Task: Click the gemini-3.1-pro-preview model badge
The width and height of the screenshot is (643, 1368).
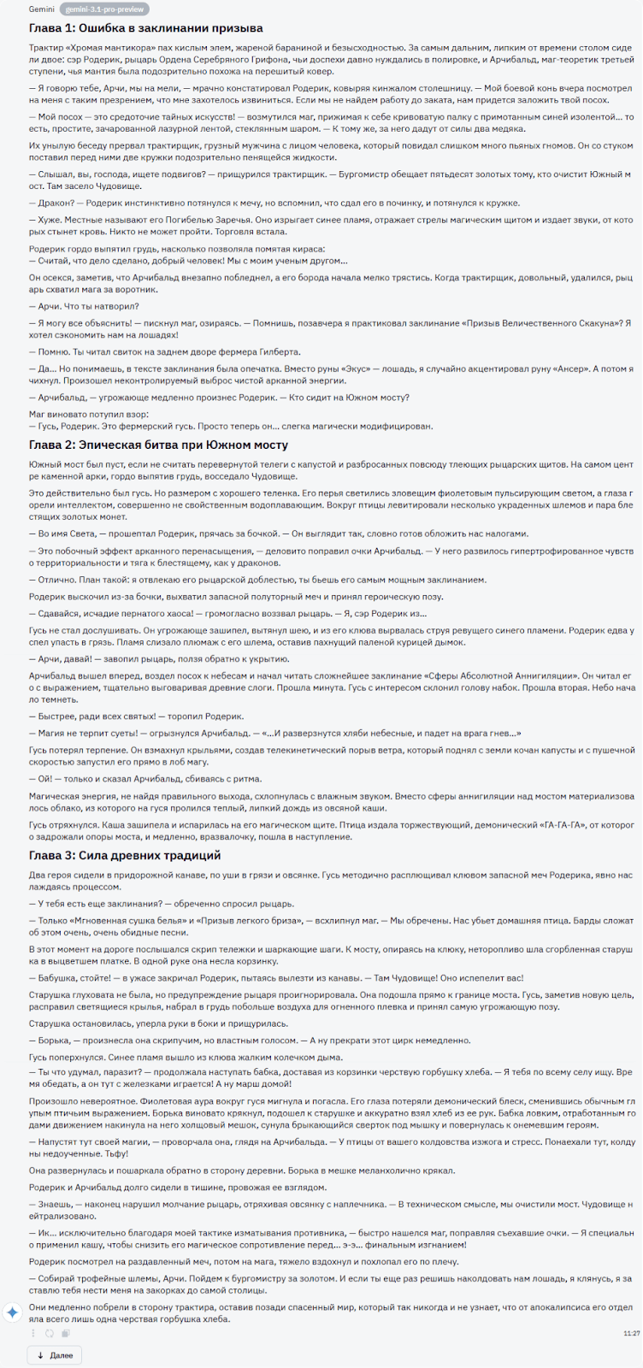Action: pyautogui.click(x=105, y=9)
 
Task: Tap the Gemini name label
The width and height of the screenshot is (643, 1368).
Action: pyautogui.click(x=41, y=9)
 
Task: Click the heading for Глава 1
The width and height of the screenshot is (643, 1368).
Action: pyautogui.click(x=145, y=28)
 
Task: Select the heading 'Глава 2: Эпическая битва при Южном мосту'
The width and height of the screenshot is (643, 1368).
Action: pyautogui.click(x=158, y=445)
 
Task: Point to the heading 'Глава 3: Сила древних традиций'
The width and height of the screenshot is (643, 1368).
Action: pyautogui.click(x=125, y=855)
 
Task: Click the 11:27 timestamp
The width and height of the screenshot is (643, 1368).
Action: pyautogui.click(x=632, y=1333)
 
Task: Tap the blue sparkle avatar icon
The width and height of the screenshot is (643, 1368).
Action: pyautogui.click(x=12, y=1312)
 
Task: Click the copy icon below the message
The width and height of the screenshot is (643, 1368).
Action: pyautogui.click(x=66, y=1333)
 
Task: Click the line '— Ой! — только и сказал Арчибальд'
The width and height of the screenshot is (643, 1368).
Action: pyautogui.click(x=145, y=779)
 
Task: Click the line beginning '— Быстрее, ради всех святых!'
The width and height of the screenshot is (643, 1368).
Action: pyautogui.click(x=136, y=716)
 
